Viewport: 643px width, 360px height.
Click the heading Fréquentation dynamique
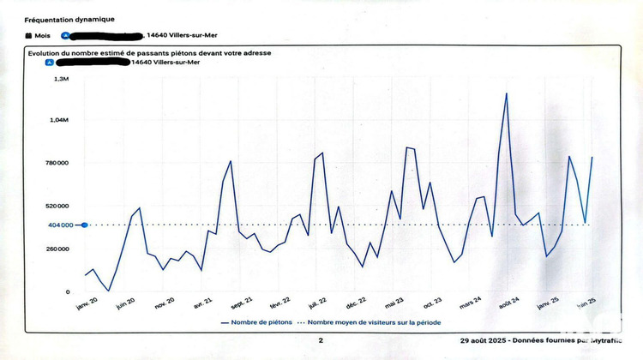pyautogui.click(x=69, y=19)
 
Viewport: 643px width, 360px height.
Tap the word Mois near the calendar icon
pyautogui.click(x=44, y=36)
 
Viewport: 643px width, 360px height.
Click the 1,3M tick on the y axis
pyautogui.click(x=61, y=78)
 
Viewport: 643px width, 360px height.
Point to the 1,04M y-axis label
pyautogui.click(x=58, y=120)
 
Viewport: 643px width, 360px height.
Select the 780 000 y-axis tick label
pyautogui.click(x=57, y=163)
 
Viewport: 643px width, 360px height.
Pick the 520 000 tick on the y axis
pyautogui.click(x=57, y=206)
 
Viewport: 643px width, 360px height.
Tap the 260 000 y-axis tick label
pyautogui.click(x=57, y=249)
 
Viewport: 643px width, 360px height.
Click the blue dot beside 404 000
pyautogui.click(x=84, y=225)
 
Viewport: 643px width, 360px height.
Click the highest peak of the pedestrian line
pyautogui.click(x=507, y=93)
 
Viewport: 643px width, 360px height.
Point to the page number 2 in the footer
pyautogui.click(x=321, y=340)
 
